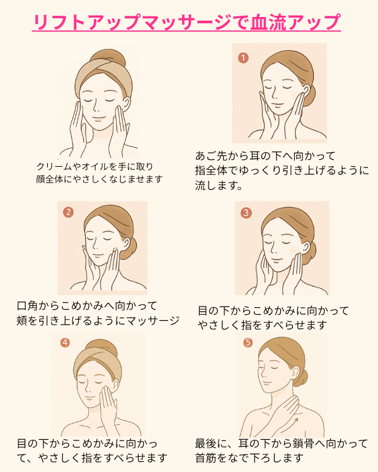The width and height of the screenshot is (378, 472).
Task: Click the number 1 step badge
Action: pos(243,57)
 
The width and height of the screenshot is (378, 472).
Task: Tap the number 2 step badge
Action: pos(69,212)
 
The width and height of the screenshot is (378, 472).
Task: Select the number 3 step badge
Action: pos(246,213)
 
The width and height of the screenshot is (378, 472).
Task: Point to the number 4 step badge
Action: pos(65,342)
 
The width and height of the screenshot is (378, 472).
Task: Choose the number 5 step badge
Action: pos(248,342)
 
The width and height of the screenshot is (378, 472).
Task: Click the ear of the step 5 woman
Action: pos(295,372)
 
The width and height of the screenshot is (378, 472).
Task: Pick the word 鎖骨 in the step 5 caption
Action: pos(304,444)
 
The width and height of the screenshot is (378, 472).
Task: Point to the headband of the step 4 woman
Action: pos(96,364)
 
